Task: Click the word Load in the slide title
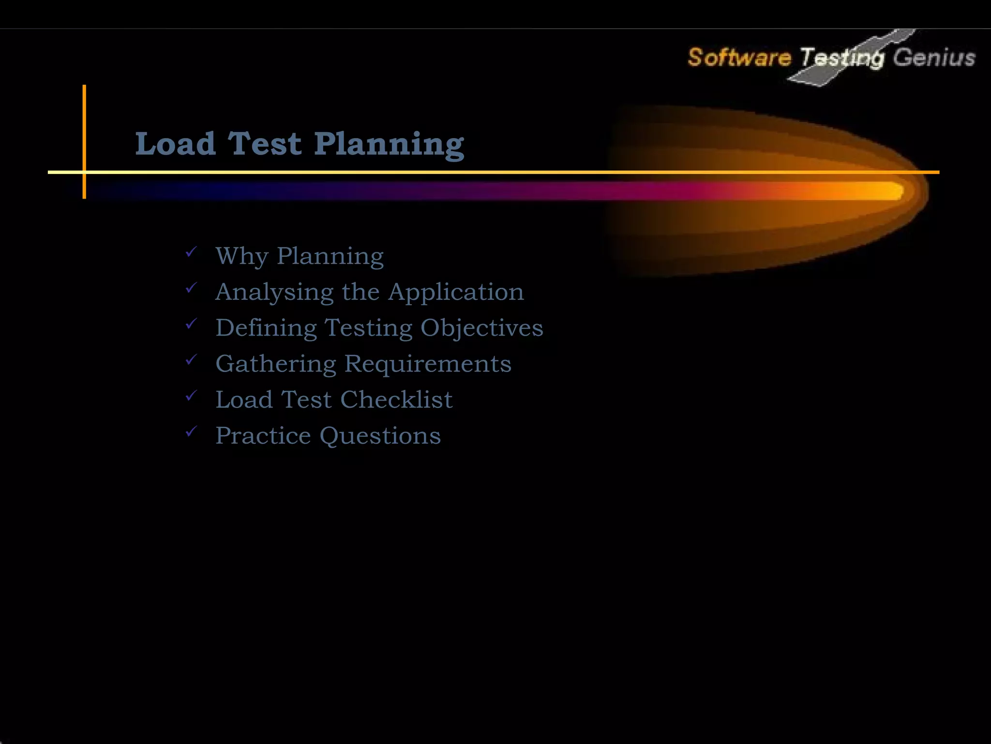(175, 144)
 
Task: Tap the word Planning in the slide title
(389, 145)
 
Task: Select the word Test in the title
(264, 144)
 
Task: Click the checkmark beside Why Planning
(192, 252)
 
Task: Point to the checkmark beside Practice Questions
(192, 431)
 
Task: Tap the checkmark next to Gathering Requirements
(192, 359)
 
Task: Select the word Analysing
(274, 292)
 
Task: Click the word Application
(456, 292)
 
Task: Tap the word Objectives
(481, 328)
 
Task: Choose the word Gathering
(275, 364)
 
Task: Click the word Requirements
(428, 364)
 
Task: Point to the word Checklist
(396, 400)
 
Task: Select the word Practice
(263, 435)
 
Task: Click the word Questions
(380, 436)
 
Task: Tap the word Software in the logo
(739, 58)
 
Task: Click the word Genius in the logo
(934, 58)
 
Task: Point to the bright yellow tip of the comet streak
(893, 190)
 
